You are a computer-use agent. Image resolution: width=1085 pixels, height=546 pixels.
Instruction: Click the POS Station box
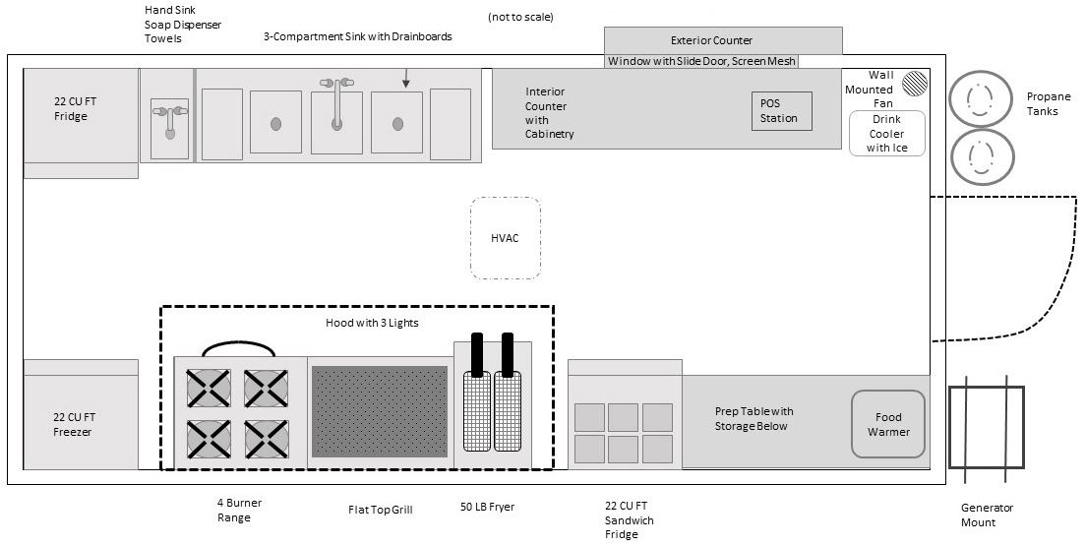click(782, 111)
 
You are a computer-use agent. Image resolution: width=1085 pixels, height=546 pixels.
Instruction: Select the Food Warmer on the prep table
click(888, 424)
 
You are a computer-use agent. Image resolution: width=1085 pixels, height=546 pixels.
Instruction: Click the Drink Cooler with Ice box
click(887, 134)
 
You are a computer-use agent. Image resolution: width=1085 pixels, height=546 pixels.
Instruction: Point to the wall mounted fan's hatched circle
click(917, 83)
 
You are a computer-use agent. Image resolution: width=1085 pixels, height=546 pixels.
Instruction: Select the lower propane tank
click(980, 156)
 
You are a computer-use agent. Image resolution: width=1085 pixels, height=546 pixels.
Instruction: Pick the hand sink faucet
click(169, 119)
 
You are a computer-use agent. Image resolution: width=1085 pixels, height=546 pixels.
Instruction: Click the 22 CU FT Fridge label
click(71, 108)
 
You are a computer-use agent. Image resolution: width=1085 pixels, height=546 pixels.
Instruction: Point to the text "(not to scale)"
click(519, 18)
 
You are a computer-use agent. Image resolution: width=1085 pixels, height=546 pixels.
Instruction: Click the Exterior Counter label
click(711, 40)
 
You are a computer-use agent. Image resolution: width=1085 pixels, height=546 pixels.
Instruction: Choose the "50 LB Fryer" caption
click(487, 508)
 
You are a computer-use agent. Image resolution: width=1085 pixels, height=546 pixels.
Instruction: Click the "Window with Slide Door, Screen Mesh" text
click(701, 61)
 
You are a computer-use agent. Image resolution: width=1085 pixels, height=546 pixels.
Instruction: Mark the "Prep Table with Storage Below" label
click(753, 418)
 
